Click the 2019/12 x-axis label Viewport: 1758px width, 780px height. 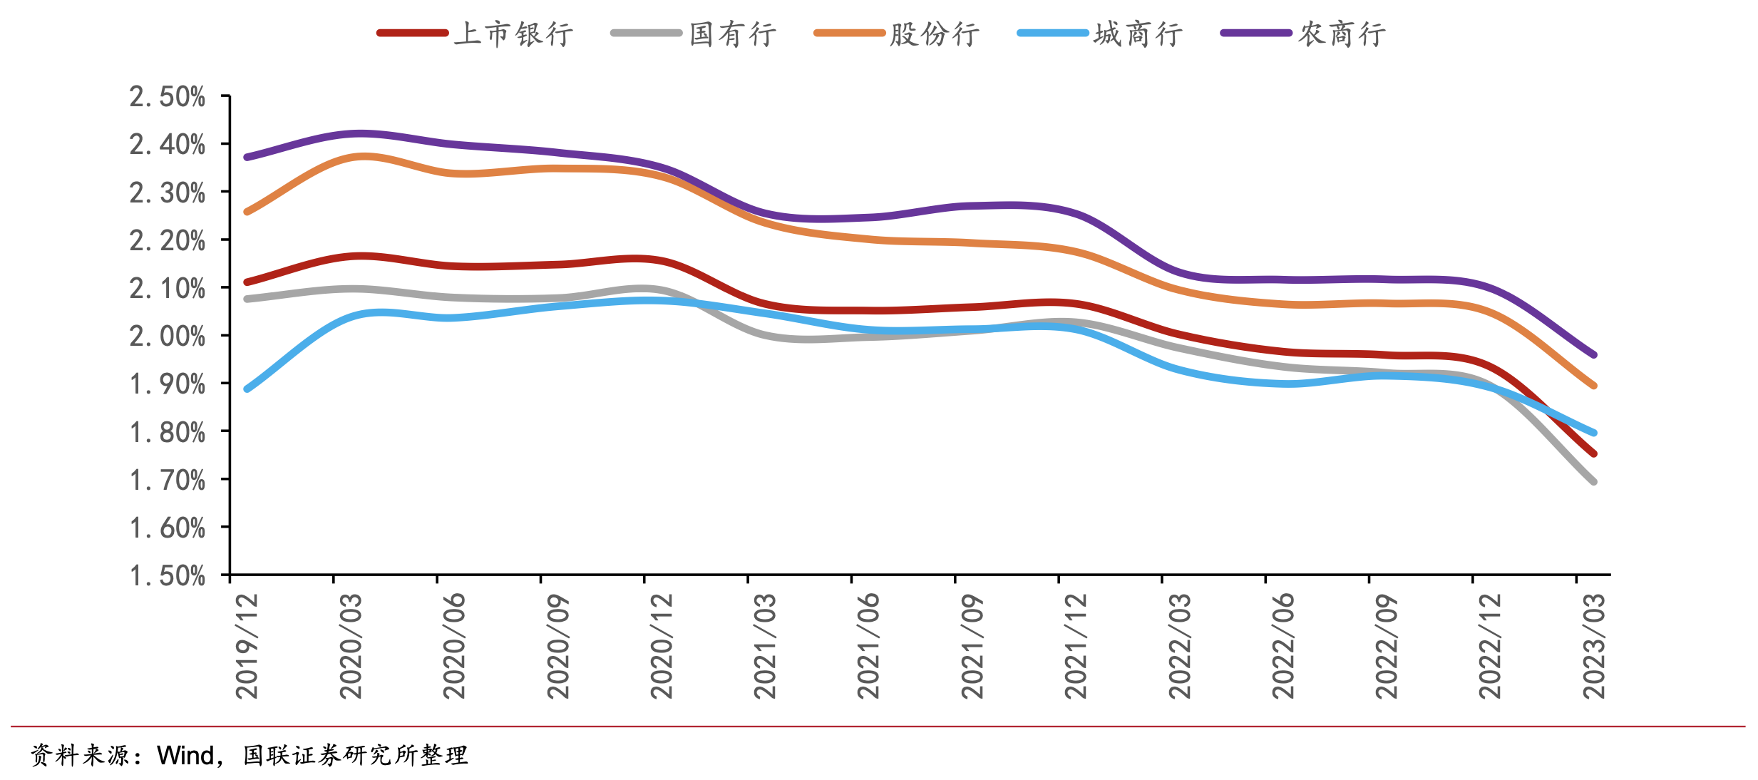point(247,646)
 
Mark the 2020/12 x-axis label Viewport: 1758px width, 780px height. point(662,646)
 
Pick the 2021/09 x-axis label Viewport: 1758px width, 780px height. point(972,646)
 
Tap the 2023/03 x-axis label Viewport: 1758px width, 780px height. point(1594,646)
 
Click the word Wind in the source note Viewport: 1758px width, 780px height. point(185,755)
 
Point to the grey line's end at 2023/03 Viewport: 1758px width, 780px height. point(1593,481)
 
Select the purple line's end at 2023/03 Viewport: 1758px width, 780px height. point(1593,354)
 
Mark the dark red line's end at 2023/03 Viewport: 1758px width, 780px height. point(1593,453)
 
